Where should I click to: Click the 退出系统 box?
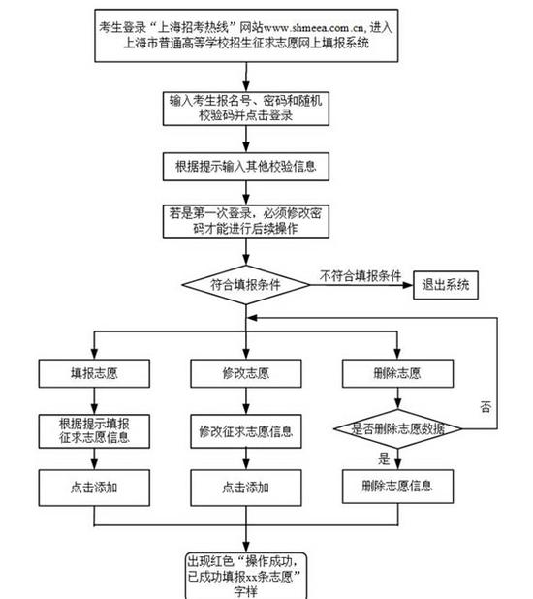tap(446, 285)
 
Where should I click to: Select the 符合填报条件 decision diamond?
tap(246, 285)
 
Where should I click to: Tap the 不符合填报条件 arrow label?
tap(361, 276)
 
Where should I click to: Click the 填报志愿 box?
tap(94, 373)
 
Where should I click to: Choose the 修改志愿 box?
tap(246, 373)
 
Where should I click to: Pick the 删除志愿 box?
tap(397, 373)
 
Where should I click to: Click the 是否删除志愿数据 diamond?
tap(397, 428)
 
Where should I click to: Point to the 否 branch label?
tap(486, 407)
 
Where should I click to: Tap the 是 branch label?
tap(384, 458)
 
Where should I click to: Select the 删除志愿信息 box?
tap(397, 487)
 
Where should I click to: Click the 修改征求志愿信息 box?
tap(246, 431)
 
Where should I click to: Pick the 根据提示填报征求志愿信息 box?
tap(94, 431)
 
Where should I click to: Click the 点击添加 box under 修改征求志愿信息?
tap(246, 488)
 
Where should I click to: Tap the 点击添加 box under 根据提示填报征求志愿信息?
tap(94, 488)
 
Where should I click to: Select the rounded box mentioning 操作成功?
tap(246, 576)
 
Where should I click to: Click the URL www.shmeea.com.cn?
tap(313, 28)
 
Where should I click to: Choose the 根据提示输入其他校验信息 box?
tap(246, 167)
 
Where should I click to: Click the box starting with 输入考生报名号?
tap(246, 109)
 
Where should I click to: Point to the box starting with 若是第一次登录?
tap(246, 222)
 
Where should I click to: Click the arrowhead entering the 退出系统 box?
tap(408, 285)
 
